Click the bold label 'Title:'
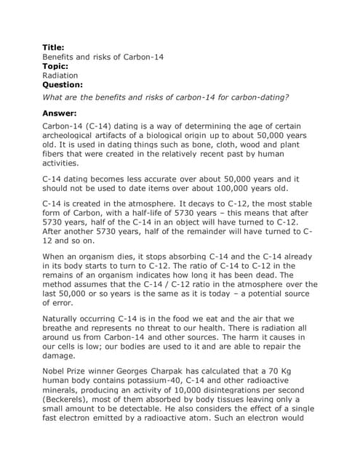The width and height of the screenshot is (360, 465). pyautogui.click(x=54, y=47)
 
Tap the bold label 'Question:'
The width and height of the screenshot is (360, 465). pyautogui.click(x=63, y=84)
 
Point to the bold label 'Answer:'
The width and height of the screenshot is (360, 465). pyautogui.click(x=60, y=113)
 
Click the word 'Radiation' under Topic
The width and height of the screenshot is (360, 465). pyautogui.click(x=60, y=75)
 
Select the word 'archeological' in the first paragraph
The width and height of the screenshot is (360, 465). pyautogui.click(x=73, y=137)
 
